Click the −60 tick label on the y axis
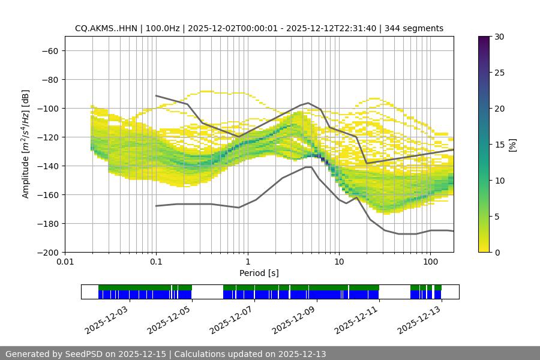(49, 50)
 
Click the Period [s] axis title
(259, 273)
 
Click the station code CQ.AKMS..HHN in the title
(106, 28)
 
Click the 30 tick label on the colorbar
(499, 37)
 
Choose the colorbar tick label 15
(499, 145)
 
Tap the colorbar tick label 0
(497, 252)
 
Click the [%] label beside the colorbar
(512, 145)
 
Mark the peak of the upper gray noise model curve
(308, 103)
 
